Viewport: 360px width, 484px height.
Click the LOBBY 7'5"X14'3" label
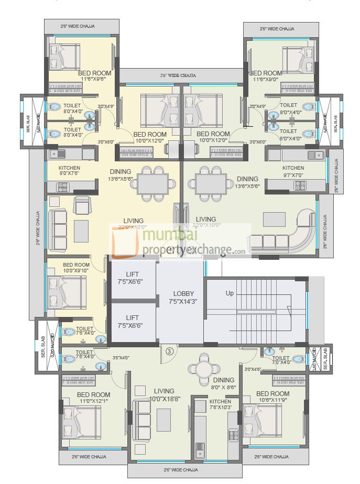pos(182,298)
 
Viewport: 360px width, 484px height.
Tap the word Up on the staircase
pos(230,293)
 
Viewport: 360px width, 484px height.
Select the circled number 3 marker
pos(169,351)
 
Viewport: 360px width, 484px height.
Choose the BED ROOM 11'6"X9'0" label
pos(267,76)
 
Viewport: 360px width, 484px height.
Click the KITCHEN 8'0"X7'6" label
pos(70,171)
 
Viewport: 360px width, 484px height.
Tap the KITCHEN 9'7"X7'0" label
pos(292,171)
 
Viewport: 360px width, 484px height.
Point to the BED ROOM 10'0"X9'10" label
pos(76,268)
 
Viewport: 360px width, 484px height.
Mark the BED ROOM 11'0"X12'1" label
pos(93,398)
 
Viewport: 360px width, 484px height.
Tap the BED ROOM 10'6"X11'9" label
pos(272,397)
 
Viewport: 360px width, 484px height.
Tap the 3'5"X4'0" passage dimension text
pos(121,358)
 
